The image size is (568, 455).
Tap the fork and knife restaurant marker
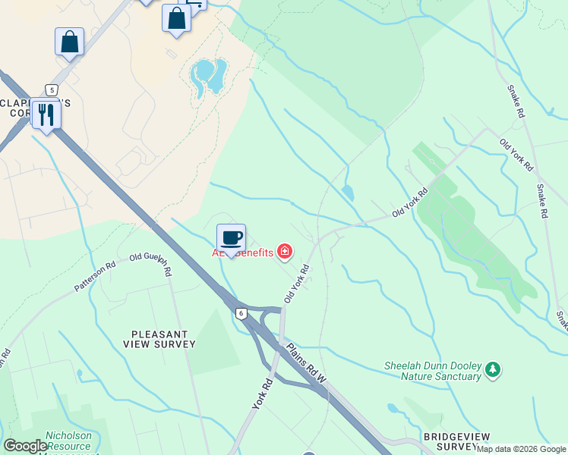tap(46, 115)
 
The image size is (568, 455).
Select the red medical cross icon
tap(285, 251)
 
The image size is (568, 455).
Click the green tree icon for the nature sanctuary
tap(494, 369)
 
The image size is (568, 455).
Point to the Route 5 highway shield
tap(51, 89)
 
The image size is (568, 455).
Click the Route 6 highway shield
tap(241, 312)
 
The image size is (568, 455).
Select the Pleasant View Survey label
tap(164, 338)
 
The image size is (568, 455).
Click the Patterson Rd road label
tap(95, 276)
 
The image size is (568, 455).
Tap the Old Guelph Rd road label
tap(150, 259)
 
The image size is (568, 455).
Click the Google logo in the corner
tap(26, 446)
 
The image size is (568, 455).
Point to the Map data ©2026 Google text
tap(521, 449)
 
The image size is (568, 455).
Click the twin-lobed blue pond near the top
tap(208, 76)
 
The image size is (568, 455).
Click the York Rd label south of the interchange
tap(263, 394)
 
